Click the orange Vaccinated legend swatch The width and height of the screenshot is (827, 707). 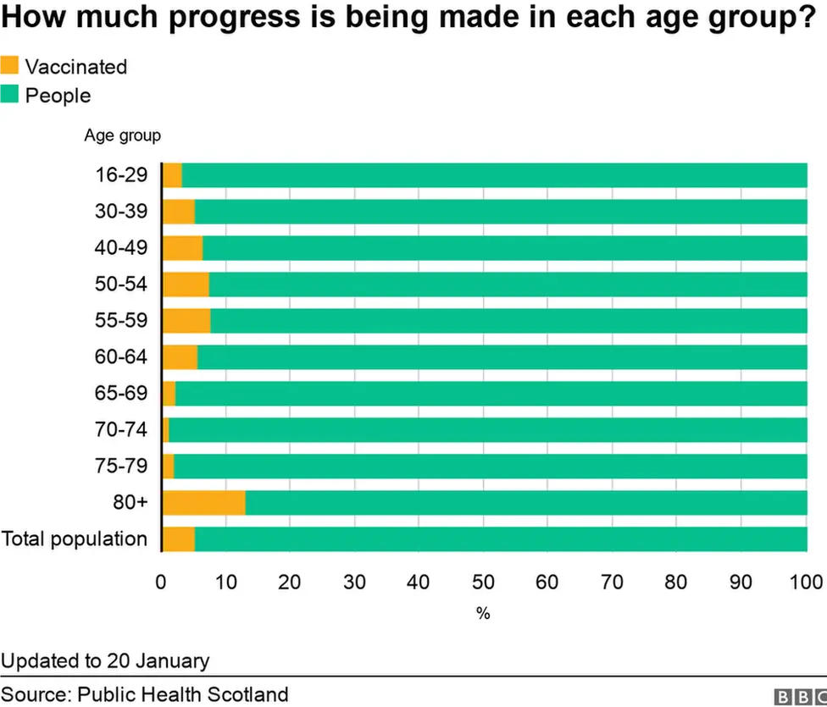[x=9, y=66]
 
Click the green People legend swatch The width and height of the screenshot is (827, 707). [x=9, y=95]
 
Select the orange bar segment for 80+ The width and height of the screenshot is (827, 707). [x=204, y=503]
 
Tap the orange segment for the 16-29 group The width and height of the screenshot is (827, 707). [x=172, y=175]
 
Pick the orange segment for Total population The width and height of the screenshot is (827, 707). [x=179, y=539]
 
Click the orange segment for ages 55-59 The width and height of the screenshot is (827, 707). [x=186, y=321]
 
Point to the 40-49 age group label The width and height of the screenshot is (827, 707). [x=121, y=248]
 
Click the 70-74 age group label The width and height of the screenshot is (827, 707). [x=121, y=430]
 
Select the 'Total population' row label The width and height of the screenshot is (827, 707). [x=74, y=539]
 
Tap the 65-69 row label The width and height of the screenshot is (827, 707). [x=121, y=394]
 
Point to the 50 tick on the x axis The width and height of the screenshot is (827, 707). [x=483, y=582]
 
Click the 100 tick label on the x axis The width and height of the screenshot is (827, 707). [x=806, y=582]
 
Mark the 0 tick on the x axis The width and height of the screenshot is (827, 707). [x=161, y=582]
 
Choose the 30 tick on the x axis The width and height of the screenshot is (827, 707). [x=354, y=582]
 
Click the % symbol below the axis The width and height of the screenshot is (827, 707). [x=483, y=614]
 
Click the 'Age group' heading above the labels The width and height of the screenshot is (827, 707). [x=122, y=135]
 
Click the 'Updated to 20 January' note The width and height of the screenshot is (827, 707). [x=105, y=660]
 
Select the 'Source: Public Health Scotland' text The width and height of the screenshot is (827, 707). [x=144, y=695]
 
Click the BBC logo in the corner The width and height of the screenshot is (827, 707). [x=800, y=697]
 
